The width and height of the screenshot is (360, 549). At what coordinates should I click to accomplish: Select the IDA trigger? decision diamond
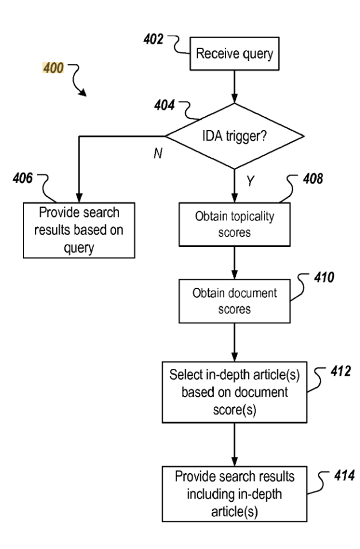(235, 136)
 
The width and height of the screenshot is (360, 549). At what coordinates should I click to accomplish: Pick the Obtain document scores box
(235, 300)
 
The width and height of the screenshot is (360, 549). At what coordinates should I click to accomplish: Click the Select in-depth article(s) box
(235, 389)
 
